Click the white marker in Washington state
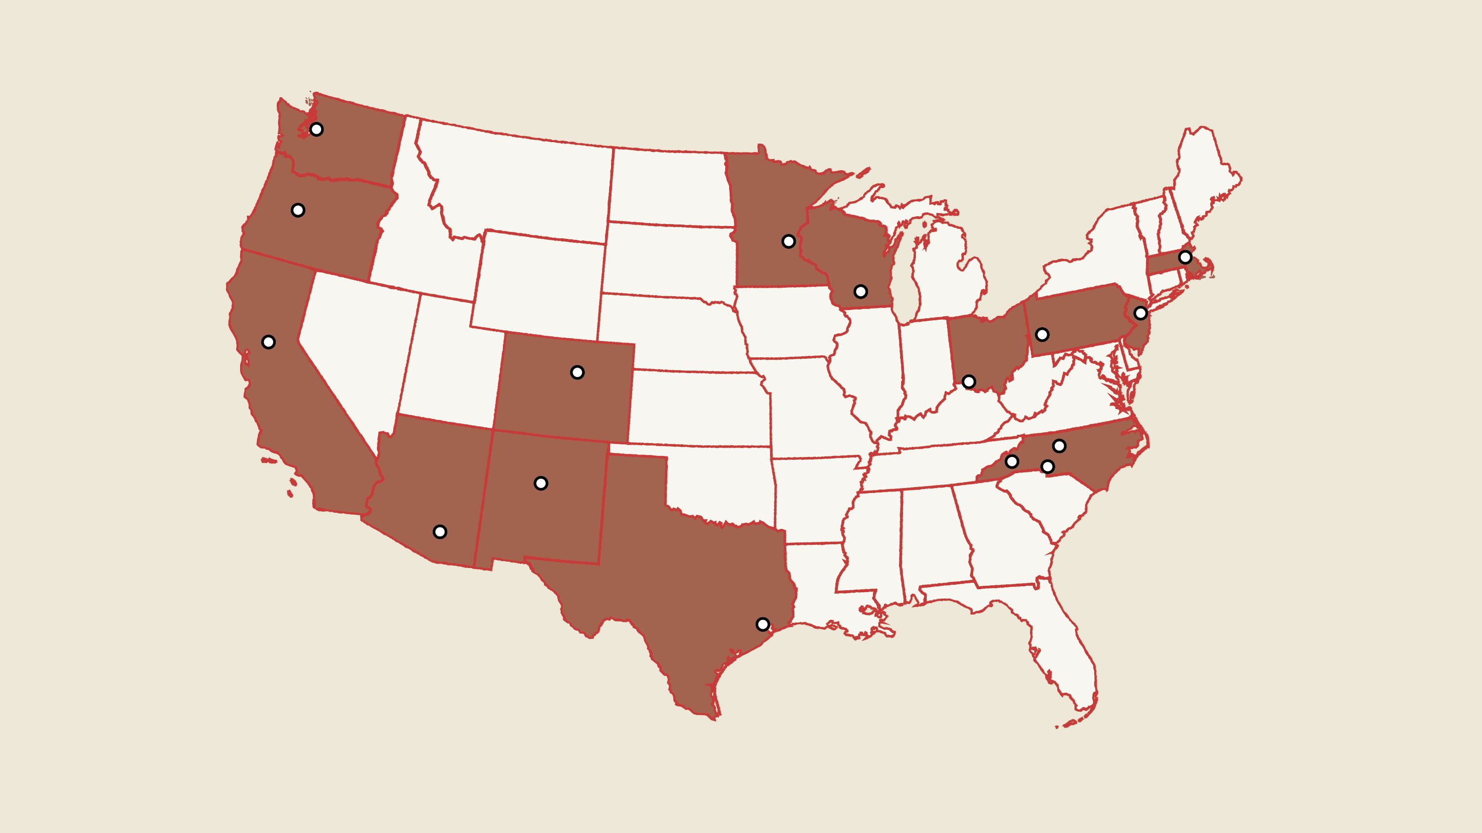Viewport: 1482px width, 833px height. [316, 129]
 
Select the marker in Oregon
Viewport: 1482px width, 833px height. [297, 210]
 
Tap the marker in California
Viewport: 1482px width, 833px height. [268, 342]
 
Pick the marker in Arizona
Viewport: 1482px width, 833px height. [440, 532]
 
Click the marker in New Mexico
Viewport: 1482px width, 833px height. [541, 484]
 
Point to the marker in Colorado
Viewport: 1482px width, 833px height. [577, 373]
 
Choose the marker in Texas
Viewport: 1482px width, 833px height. [762, 624]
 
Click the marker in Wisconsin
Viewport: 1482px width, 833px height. [861, 292]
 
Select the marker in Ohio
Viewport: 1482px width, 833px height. [969, 382]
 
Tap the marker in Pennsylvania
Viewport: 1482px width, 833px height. [1042, 335]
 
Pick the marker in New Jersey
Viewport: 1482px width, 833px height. [1140, 313]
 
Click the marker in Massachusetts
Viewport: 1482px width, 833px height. [1185, 257]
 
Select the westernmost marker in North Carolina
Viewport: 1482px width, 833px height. [1011, 461]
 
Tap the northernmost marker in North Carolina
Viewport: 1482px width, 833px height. [1059, 446]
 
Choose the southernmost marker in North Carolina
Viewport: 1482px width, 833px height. [1048, 467]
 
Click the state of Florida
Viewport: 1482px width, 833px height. [1065, 649]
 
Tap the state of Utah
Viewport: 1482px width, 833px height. [449, 356]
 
